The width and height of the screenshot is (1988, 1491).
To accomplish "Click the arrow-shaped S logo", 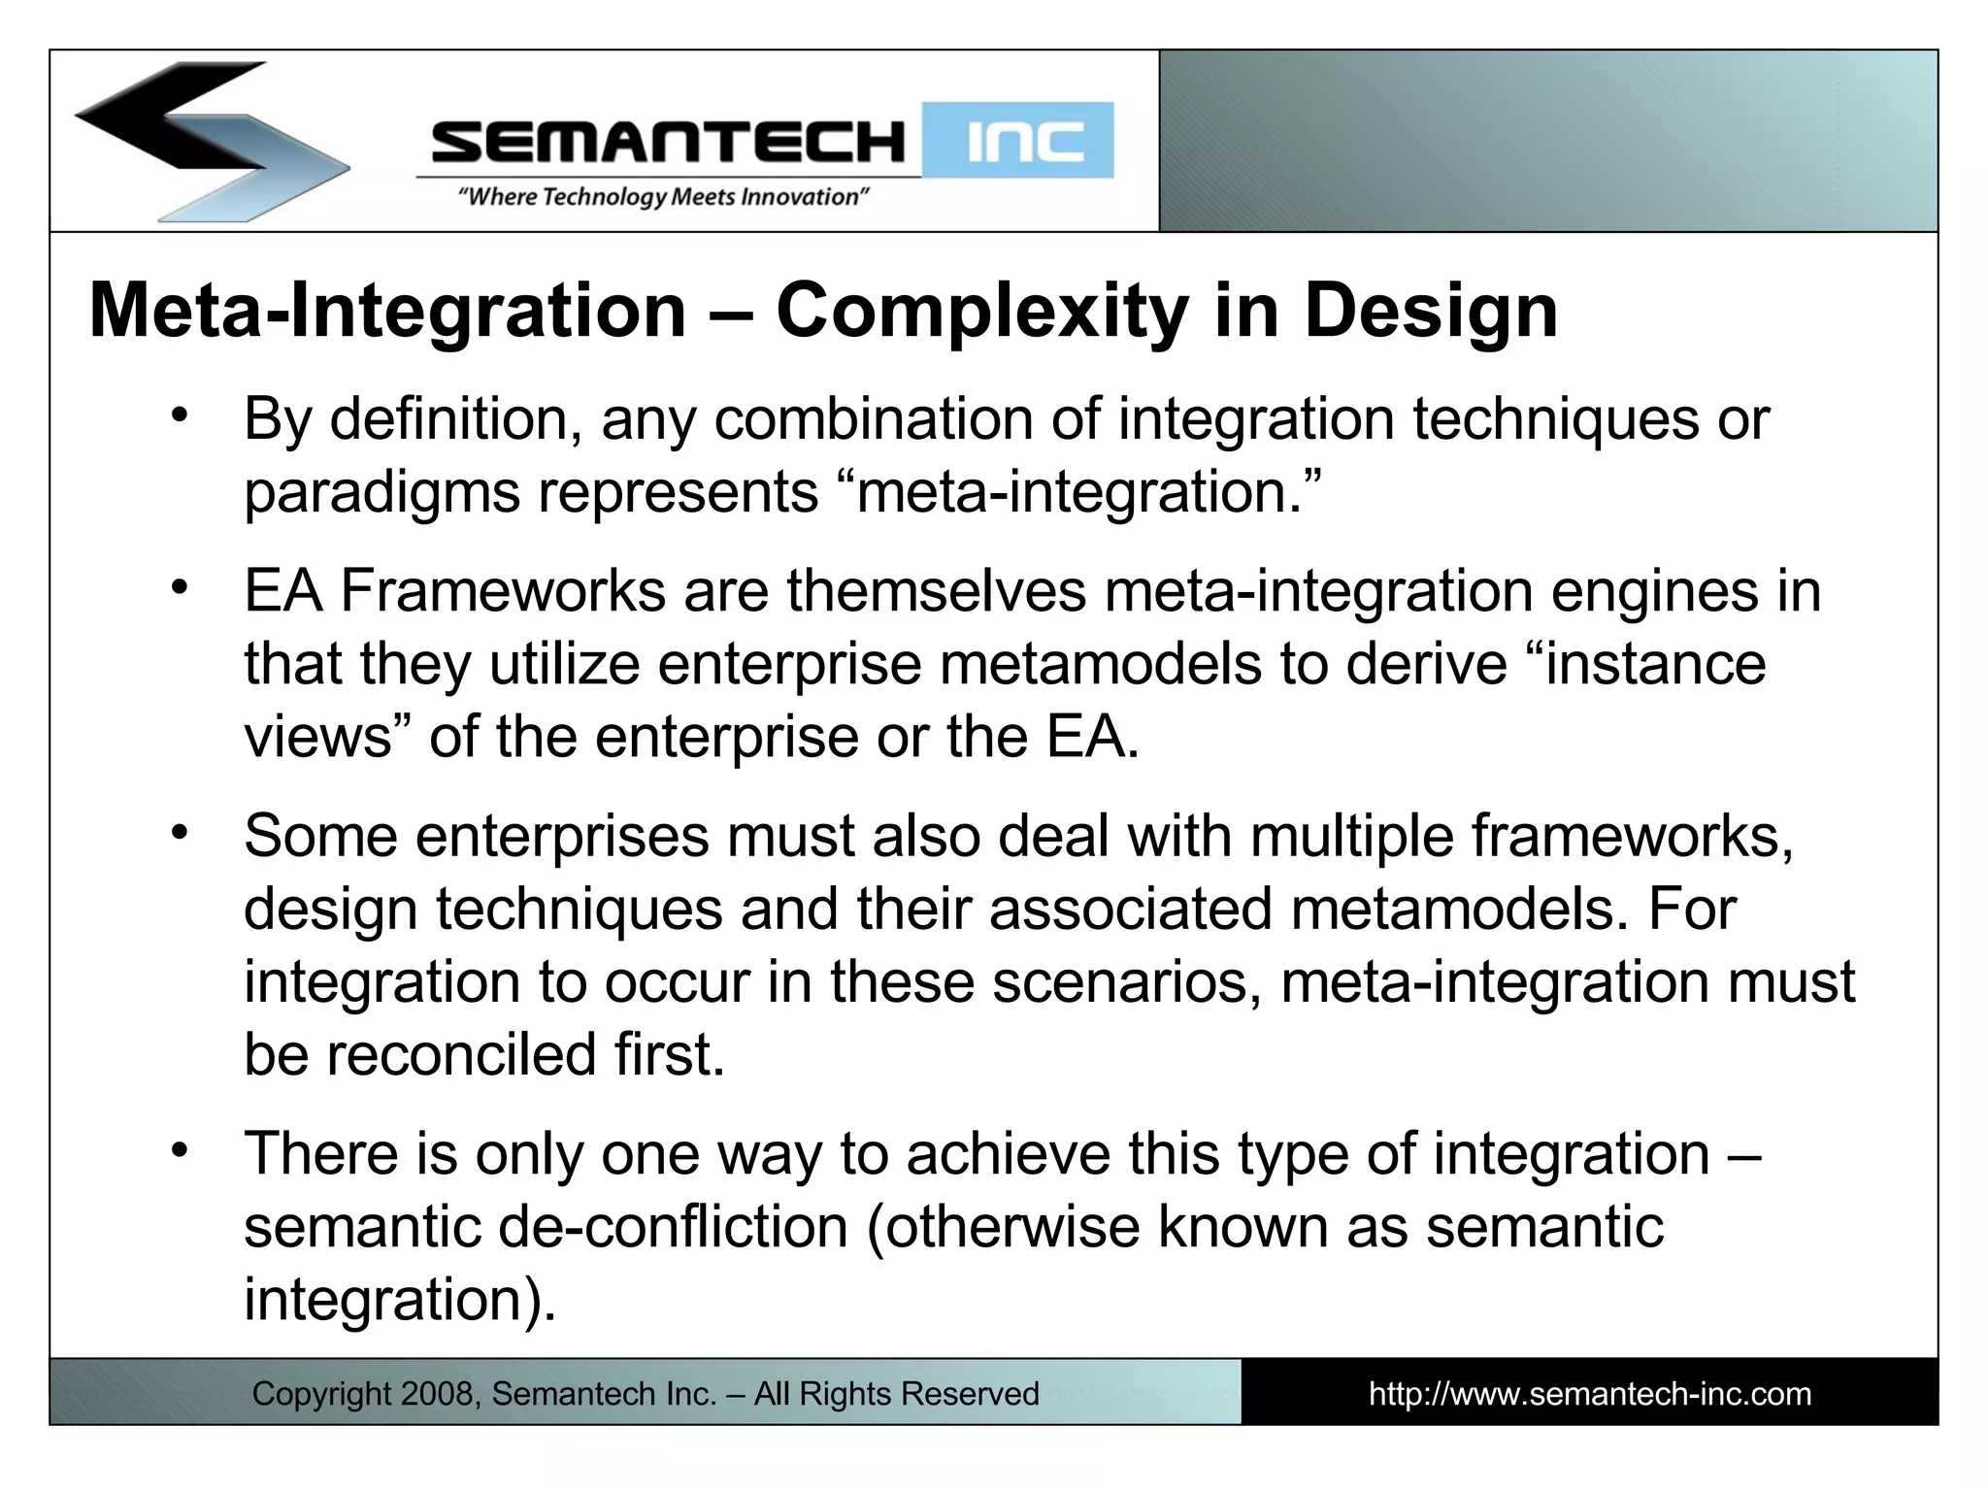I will point(209,141).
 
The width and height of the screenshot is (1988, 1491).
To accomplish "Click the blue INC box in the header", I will point(1018,142).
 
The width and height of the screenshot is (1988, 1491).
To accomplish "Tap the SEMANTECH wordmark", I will point(668,142).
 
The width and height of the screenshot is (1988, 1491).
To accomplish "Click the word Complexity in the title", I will point(982,313).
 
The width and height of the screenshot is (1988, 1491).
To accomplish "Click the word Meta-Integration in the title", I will point(387,313).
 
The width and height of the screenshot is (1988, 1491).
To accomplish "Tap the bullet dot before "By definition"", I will point(179,416).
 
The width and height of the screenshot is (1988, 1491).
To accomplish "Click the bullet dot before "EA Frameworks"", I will point(179,587).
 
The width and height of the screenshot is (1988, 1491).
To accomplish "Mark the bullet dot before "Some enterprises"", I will point(179,833).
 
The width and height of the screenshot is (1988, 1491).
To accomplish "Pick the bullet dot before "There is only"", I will point(179,1150).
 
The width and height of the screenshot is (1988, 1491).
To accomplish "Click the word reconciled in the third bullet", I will point(460,1055).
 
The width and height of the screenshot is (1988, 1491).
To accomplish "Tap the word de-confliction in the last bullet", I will point(673,1227).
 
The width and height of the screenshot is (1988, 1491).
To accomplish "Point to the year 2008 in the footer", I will point(436,1394).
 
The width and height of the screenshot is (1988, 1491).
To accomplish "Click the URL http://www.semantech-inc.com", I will point(1589,1394).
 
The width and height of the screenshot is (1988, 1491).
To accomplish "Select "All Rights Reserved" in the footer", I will point(896,1394).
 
